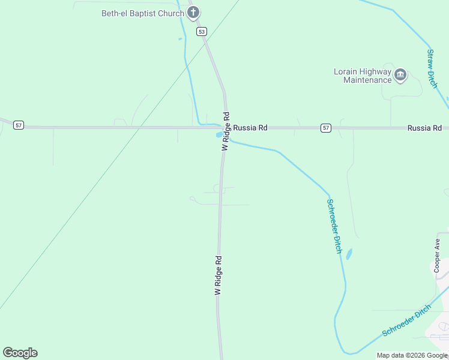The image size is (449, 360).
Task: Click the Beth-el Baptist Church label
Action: pyautogui.click(x=143, y=13)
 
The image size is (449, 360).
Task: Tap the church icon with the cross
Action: pyautogui.click(x=193, y=12)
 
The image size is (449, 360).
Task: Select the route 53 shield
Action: pyautogui.click(x=202, y=31)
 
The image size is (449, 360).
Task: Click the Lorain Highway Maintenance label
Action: pyautogui.click(x=363, y=76)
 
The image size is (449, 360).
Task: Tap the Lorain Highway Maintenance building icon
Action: pyautogui.click(x=400, y=75)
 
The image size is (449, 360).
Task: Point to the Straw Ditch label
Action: pyautogui.click(x=432, y=68)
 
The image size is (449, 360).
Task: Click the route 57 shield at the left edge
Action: pyautogui.click(x=19, y=125)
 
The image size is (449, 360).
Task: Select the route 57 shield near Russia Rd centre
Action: pyautogui.click(x=325, y=128)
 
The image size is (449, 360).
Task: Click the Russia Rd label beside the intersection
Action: pyautogui.click(x=250, y=128)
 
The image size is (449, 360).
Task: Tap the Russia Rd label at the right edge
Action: pyautogui.click(x=424, y=128)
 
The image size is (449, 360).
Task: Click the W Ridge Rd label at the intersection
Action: pyautogui.click(x=226, y=131)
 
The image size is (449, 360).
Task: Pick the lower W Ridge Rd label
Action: pyautogui.click(x=218, y=275)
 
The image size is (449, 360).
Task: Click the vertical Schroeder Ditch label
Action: pyautogui.click(x=334, y=225)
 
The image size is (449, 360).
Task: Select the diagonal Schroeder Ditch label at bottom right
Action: pyautogui.click(x=407, y=320)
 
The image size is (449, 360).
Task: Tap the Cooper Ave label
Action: pyautogui.click(x=438, y=255)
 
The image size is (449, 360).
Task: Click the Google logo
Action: pyautogui.click(x=20, y=353)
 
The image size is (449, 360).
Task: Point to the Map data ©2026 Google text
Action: pyautogui.click(x=412, y=355)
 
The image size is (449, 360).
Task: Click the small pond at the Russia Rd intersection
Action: pyautogui.click(x=219, y=134)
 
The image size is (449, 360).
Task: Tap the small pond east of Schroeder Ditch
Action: pyautogui.click(x=349, y=254)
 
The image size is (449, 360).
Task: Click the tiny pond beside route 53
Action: pyautogui.click(x=179, y=40)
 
